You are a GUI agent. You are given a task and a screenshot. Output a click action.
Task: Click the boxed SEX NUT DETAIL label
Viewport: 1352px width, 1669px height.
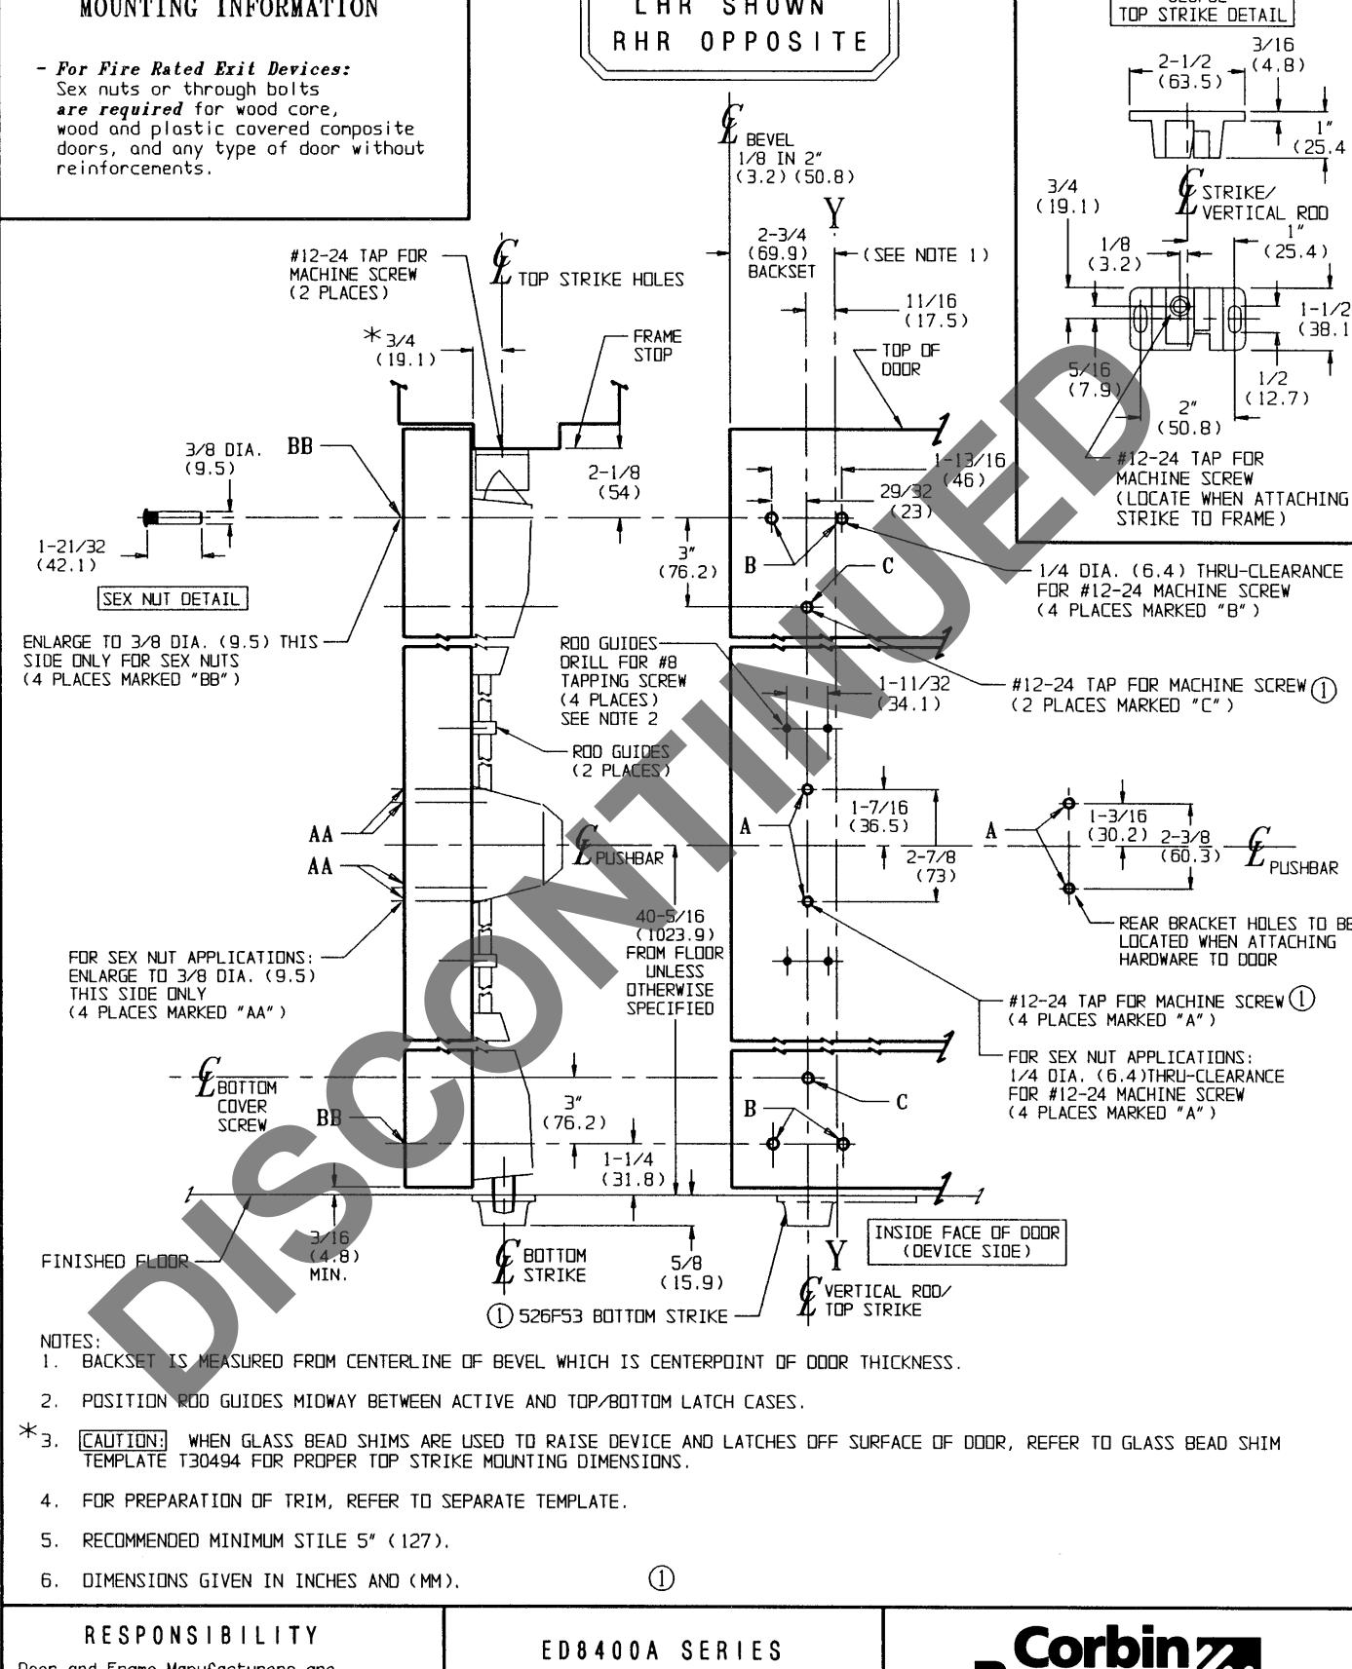tap(173, 598)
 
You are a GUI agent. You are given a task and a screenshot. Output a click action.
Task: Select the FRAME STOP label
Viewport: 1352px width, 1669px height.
tap(657, 346)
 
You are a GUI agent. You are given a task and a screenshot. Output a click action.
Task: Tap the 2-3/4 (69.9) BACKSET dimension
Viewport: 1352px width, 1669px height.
tap(781, 253)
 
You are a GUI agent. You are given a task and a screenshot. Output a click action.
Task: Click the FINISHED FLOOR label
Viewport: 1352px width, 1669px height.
tap(115, 1262)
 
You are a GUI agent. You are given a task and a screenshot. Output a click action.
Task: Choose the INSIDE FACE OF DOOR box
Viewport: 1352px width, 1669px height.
tap(966, 1241)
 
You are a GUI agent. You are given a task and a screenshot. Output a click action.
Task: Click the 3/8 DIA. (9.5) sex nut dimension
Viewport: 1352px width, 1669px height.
tap(223, 459)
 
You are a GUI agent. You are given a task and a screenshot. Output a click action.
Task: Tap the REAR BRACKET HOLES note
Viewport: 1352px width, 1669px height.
tap(1234, 941)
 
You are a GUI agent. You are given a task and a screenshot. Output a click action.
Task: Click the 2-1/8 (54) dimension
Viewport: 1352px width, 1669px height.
tap(614, 482)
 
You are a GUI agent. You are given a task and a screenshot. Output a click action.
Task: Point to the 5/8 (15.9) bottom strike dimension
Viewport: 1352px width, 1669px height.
tap(691, 1272)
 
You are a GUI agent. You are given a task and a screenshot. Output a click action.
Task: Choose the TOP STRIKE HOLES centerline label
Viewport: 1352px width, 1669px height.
tap(600, 280)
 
